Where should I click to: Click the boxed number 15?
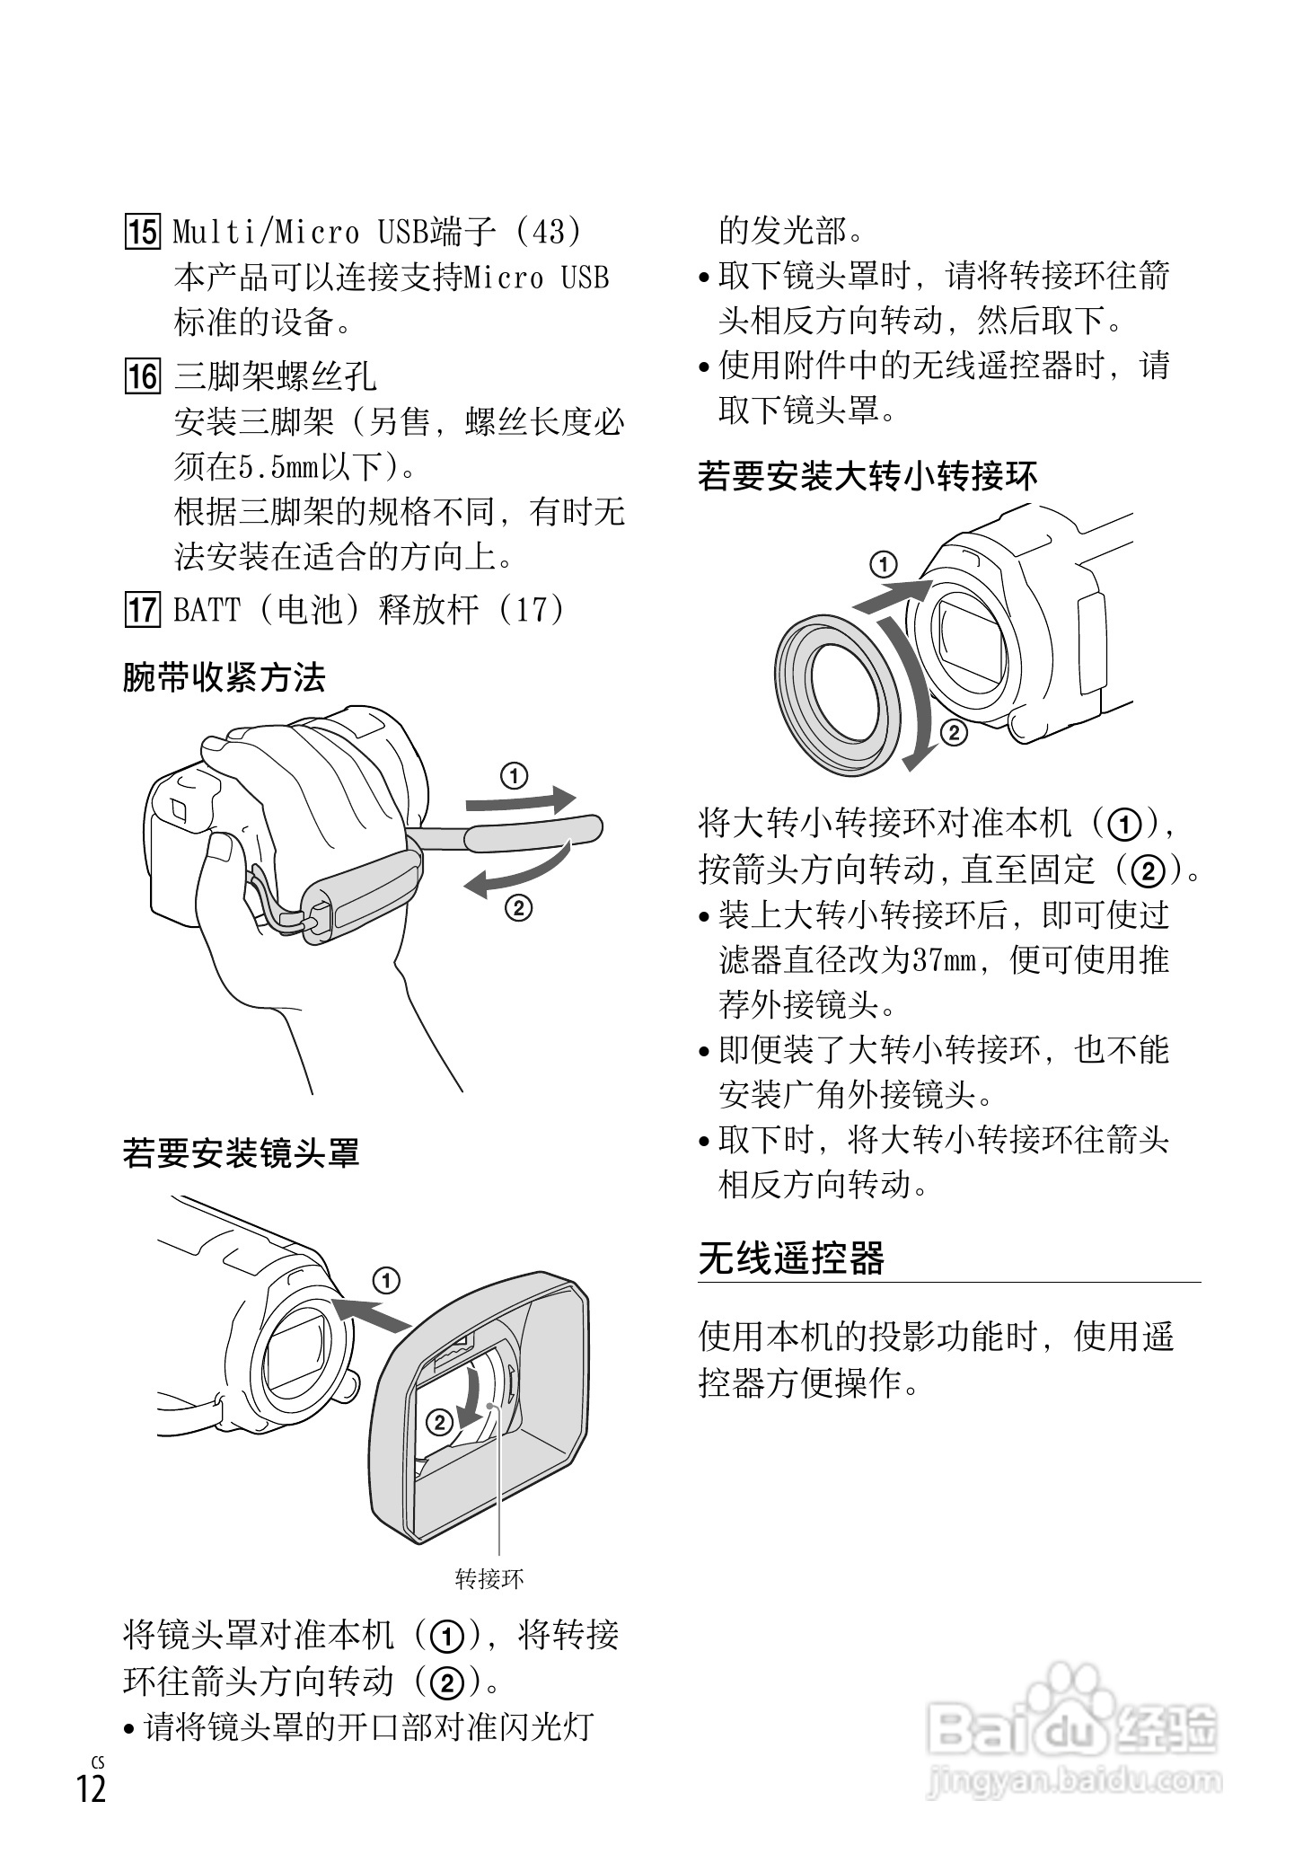coord(142,232)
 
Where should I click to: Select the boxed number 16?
coord(142,375)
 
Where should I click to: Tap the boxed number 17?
coord(142,610)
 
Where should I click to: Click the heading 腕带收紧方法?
coord(224,677)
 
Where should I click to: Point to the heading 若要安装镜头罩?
coord(241,1152)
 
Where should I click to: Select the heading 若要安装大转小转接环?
coord(867,475)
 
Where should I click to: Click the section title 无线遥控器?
coord(792,1258)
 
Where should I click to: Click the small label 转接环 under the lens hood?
coord(489,1578)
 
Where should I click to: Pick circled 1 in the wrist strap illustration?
coord(514,775)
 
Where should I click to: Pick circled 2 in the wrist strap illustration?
coord(518,909)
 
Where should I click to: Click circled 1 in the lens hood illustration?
coord(386,1281)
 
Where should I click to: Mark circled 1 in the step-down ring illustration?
coord(884,565)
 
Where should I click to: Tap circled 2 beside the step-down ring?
coord(954,733)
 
